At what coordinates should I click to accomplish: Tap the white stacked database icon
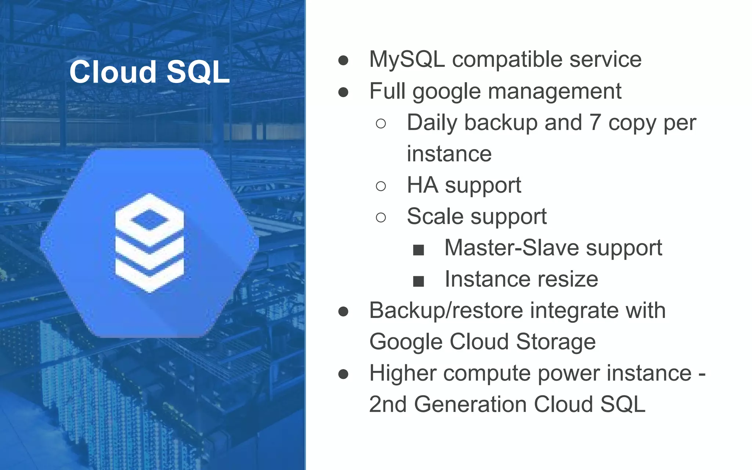coord(149,243)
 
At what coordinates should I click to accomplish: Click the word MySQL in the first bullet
coord(407,59)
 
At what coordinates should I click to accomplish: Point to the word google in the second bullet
coord(446,92)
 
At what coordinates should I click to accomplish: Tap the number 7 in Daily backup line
coord(595,122)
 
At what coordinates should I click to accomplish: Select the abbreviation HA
coord(422,185)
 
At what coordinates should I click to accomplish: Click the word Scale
coord(435,216)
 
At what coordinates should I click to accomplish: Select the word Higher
coord(402,373)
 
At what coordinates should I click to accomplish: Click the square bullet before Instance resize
coord(418,282)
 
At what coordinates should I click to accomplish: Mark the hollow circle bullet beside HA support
coord(381,186)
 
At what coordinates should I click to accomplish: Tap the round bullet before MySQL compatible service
coord(343,61)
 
